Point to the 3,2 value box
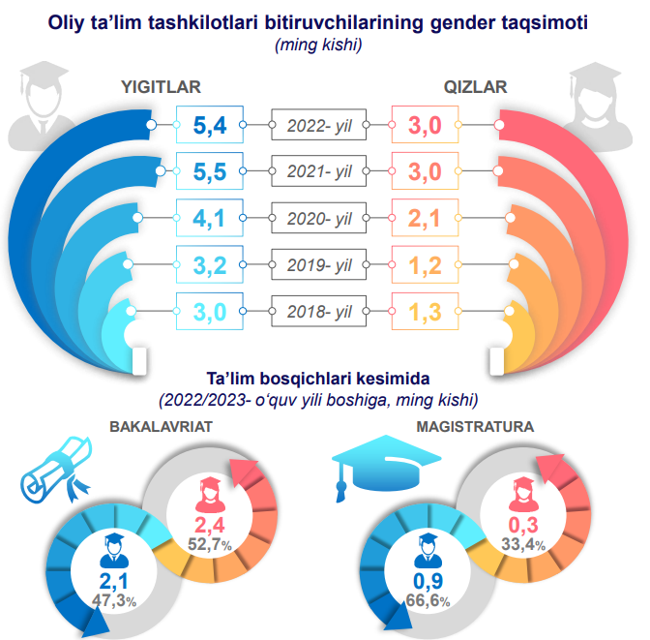(x=209, y=265)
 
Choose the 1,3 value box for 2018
(x=424, y=312)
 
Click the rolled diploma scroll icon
(x=56, y=471)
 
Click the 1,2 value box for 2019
(x=424, y=265)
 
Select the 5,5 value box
(x=209, y=171)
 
